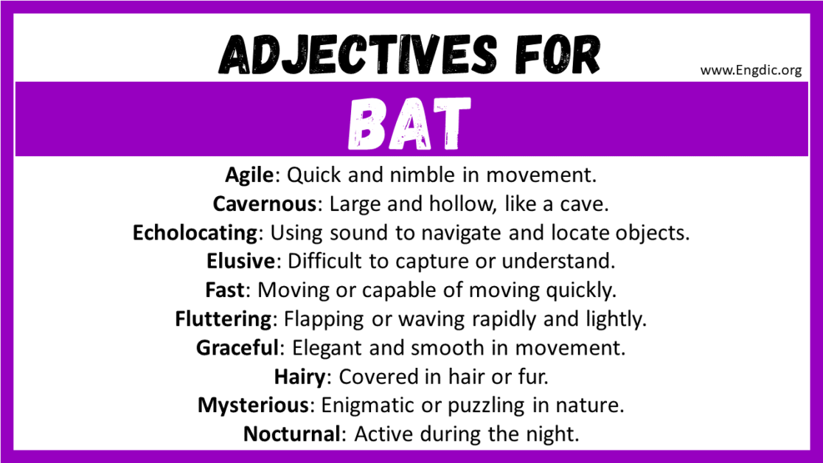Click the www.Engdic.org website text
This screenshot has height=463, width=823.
click(x=751, y=71)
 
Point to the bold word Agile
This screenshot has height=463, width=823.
click(x=250, y=175)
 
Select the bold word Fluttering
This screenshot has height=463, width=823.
click(x=223, y=319)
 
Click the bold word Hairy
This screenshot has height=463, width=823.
click(x=299, y=377)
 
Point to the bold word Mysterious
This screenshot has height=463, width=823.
click(x=252, y=405)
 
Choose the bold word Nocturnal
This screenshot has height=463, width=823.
click(x=291, y=434)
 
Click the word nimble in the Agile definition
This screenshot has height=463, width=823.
click(x=414, y=175)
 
